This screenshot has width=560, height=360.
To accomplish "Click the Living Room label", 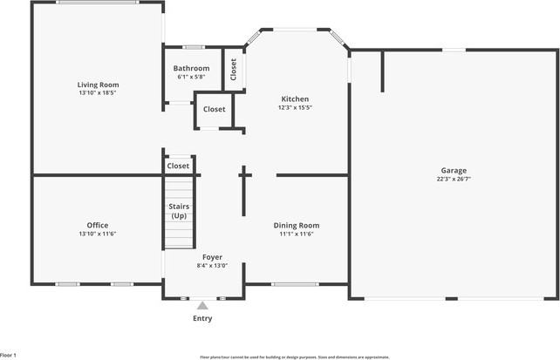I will [98, 85].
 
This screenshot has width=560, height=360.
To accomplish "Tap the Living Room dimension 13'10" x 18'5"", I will [98, 92].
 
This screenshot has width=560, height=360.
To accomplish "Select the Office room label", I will [98, 225].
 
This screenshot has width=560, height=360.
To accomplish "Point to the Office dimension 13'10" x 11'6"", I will [98, 234].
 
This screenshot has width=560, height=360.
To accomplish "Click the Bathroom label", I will [191, 68].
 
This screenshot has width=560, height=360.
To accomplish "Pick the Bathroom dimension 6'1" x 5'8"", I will [191, 77].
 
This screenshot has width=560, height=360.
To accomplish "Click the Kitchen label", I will [295, 98].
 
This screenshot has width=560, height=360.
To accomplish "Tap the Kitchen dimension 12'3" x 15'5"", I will [295, 107].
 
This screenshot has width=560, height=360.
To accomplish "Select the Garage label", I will [454, 170].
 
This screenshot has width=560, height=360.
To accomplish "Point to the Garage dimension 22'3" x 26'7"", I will [454, 179].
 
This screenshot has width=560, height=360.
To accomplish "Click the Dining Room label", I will [297, 225].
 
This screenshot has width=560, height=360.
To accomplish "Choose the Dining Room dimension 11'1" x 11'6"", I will [297, 234].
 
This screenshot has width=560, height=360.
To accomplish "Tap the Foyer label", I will [212, 257].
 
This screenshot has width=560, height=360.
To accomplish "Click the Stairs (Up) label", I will [179, 211].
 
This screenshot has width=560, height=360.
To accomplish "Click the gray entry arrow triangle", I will [202, 305].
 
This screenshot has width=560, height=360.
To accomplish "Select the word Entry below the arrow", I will [202, 318].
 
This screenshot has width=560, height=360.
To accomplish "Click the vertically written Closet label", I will [233, 70].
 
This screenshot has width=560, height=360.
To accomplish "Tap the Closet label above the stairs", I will [178, 166].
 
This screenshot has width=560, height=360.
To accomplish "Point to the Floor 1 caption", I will [9, 355].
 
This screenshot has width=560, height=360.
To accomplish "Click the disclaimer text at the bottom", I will [295, 357].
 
